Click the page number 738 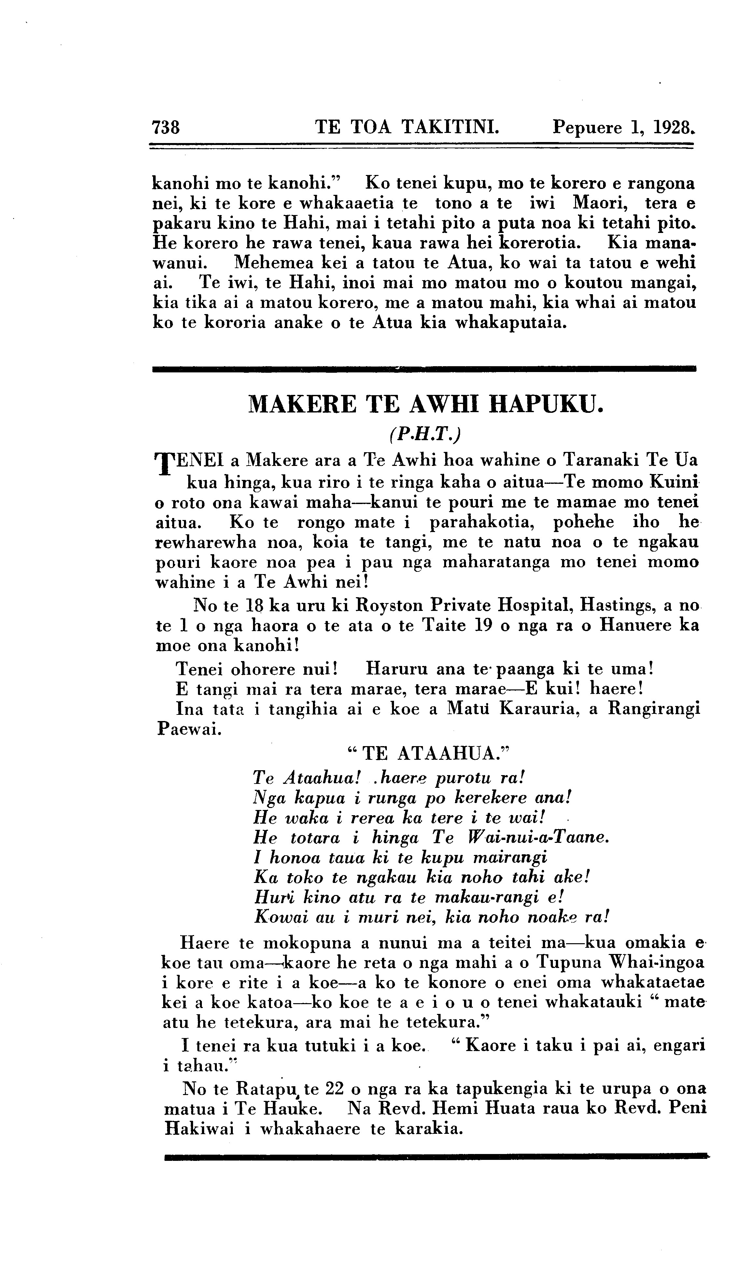pyautogui.click(x=166, y=127)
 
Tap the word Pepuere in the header pyautogui.click(x=587, y=127)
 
